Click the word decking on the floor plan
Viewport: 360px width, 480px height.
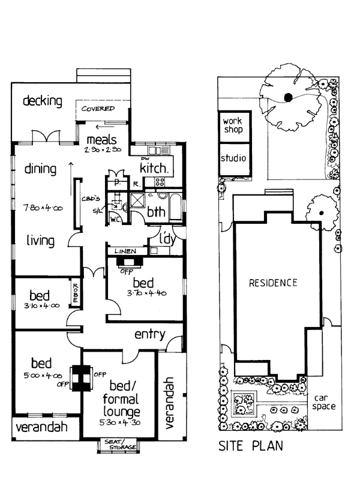pyautogui.click(x=43, y=101)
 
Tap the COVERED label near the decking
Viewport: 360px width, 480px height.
pyautogui.click(x=98, y=109)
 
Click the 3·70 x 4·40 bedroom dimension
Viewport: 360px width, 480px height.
pyautogui.click(x=144, y=293)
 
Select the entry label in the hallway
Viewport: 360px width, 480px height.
pyautogui.click(x=149, y=334)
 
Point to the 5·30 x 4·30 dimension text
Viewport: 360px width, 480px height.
pyautogui.click(x=120, y=423)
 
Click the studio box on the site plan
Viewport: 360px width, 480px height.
pyautogui.click(x=233, y=159)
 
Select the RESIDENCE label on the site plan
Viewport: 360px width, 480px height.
pyautogui.click(x=273, y=283)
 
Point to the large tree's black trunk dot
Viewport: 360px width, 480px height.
pyautogui.click(x=288, y=97)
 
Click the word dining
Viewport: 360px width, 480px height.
pyautogui.click(x=40, y=169)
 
